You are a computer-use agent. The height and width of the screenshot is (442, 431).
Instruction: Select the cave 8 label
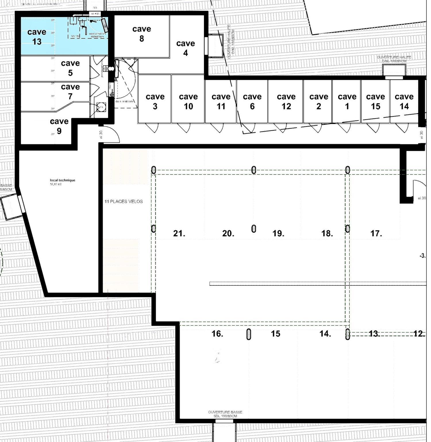tap(142, 34)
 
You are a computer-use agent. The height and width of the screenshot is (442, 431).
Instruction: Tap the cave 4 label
tap(186, 48)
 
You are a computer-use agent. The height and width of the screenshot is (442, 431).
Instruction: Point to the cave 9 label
tap(59, 126)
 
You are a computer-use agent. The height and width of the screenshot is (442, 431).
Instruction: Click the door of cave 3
tap(152, 127)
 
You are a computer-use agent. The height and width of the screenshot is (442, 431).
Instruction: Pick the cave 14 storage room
tap(404, 101)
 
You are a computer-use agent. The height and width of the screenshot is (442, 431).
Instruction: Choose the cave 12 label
tap(286, 102)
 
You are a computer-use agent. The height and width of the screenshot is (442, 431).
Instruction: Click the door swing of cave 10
tap(184, 127)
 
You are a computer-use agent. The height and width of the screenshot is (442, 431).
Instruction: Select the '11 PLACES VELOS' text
tap(124, 201)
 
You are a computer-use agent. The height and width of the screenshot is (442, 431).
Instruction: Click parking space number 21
tap(179, 233)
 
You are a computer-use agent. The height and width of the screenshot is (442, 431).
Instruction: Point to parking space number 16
tap(217, 334)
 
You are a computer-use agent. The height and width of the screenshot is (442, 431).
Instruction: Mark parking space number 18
tap(327, 233)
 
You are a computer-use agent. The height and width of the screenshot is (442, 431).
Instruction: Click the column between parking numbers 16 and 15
tap(249, 334)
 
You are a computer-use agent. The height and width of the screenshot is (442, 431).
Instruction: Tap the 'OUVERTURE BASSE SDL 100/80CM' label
tap(225, 414)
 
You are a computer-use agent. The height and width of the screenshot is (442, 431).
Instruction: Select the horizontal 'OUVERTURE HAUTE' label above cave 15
tap(394, 59)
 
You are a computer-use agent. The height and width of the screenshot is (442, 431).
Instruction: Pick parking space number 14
tap(325, 334)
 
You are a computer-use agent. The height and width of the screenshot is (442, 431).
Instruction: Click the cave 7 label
tap(70, 91)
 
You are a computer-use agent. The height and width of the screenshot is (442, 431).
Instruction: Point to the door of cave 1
tap(345, 127)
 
